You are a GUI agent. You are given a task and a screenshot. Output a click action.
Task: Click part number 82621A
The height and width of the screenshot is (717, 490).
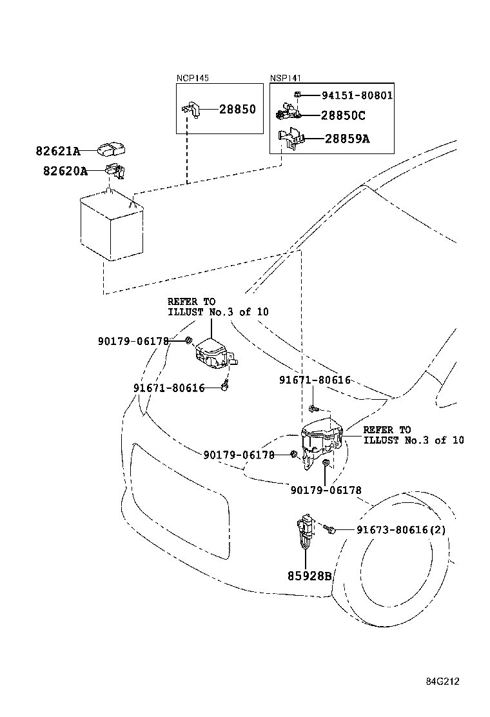[57, 152]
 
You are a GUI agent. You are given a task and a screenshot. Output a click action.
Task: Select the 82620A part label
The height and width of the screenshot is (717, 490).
[57, 171]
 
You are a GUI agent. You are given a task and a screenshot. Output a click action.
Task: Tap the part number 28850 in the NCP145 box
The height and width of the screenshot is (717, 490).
[237, 110]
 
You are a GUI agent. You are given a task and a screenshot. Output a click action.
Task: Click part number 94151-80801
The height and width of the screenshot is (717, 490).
[357, 95]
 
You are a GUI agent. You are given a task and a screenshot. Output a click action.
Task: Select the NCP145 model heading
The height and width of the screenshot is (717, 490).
[192, 78]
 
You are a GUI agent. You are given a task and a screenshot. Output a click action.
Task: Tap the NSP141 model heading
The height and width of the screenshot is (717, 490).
[285, 78]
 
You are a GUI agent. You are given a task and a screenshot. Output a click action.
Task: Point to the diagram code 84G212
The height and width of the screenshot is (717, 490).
[442, 681]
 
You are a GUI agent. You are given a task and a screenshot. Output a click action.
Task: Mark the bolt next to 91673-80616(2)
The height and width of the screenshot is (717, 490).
[331, 529]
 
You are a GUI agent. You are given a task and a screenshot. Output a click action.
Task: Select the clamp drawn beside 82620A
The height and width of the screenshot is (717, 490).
[115, 171]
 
